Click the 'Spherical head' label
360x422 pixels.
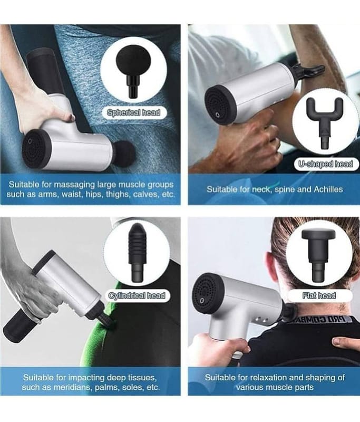click(x=133, y=112)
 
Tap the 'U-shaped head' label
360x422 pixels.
click(x=326, y=164)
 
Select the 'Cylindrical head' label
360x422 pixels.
click(x=137, y=295)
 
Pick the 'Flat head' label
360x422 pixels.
click(x=319, y=295)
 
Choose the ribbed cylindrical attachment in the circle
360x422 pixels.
click(x=138, y=253)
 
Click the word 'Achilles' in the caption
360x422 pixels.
click(x=328, y=189)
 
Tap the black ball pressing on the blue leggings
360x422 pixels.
click(x=124, y=154)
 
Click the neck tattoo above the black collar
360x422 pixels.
click(x=342, y=306)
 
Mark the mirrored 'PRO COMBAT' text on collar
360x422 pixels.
click(x=320, y=320)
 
